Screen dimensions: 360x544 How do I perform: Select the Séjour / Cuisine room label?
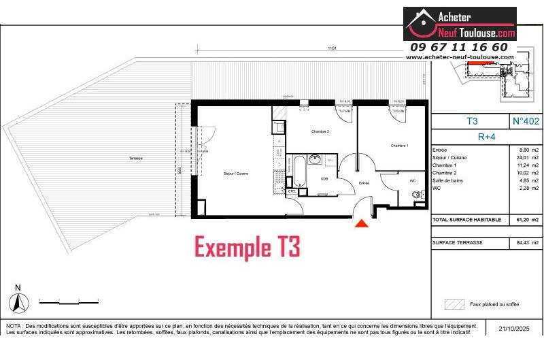click(x=235, y=174)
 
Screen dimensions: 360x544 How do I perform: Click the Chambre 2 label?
click(x=320, y=131)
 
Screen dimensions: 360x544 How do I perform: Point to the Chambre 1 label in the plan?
click(x=399, y=145)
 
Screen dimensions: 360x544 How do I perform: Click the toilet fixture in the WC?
click(x=416, y=195)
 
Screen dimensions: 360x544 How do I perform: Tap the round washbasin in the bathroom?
click(x=315, y=160)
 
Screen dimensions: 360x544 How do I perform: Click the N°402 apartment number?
click(x=525, y=121)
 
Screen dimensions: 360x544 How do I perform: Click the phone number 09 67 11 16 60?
click(x=458, y=47)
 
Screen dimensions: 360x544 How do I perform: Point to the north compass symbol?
click(x=19, y=301)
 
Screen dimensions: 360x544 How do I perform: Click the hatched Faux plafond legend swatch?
click(x=454, y=304)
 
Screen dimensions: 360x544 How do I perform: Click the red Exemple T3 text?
click(x=247, y=247)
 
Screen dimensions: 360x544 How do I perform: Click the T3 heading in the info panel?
click(x=471, y=121)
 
